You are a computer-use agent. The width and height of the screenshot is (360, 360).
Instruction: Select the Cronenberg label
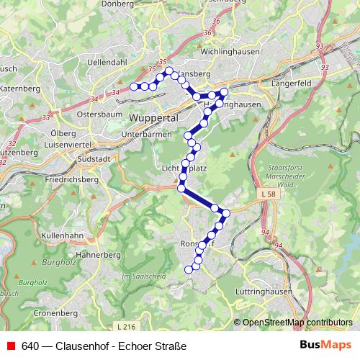54,315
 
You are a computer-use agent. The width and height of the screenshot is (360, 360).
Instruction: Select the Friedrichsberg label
70,179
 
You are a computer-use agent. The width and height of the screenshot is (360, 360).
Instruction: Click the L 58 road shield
268,195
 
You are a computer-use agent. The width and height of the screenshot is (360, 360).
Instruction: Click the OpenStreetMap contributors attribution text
297,323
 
